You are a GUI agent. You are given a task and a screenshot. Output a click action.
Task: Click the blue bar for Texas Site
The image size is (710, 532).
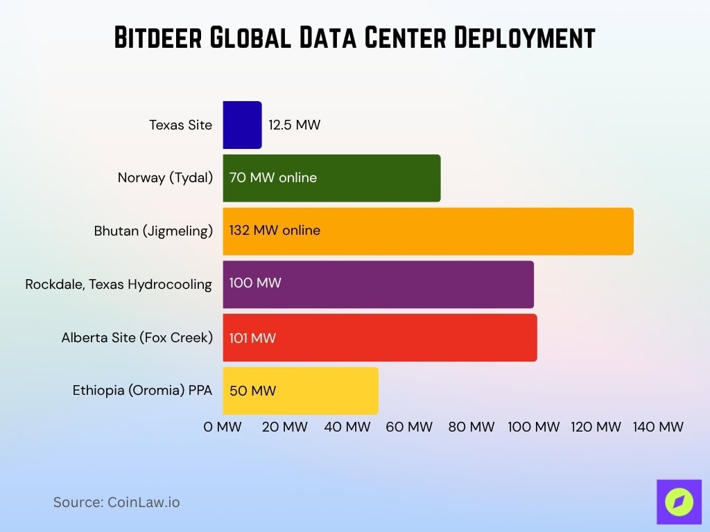242,125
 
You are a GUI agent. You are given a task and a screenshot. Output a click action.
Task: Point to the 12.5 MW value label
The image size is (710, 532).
295,125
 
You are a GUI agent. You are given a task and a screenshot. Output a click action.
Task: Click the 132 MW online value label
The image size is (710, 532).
275,231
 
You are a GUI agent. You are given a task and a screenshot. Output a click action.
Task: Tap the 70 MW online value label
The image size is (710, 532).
273,178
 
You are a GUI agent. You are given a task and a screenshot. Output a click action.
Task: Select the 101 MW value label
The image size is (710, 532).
252,338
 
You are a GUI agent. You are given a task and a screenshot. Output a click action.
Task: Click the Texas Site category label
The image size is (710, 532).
180,125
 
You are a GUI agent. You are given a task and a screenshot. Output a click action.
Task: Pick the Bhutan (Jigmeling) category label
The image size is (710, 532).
153,231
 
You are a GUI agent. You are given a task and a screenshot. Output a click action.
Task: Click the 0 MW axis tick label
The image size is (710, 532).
223,427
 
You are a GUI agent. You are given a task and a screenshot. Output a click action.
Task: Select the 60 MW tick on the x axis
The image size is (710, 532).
409,427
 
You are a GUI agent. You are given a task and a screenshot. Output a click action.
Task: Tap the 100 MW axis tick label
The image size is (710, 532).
533,427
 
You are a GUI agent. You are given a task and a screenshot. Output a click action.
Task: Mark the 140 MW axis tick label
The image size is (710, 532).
658,427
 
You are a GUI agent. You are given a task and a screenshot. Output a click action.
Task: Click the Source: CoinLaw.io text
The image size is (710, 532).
116,502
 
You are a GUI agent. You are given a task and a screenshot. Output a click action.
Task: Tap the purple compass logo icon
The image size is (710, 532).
679,502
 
